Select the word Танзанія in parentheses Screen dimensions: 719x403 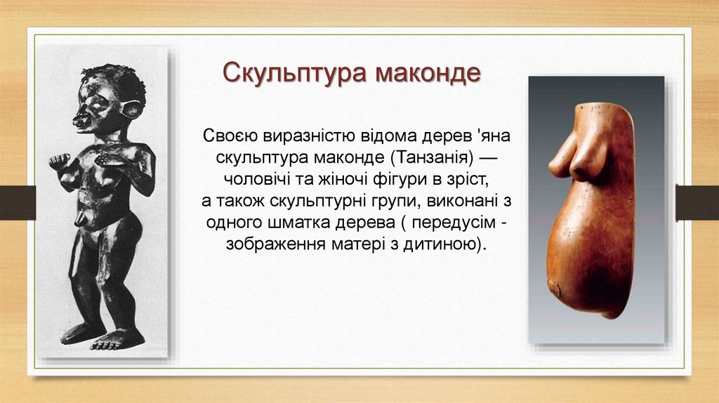pos(433,157)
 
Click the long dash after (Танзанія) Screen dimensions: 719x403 pos(487,158)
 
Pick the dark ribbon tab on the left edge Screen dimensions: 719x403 pos(18,203)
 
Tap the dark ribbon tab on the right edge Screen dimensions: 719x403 pos(697,203)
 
